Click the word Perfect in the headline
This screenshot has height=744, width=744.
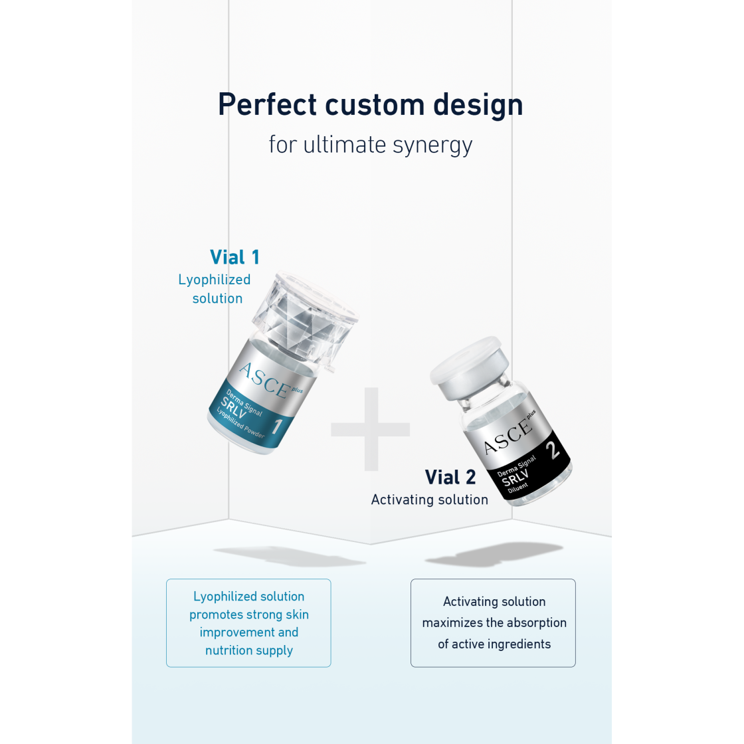click(x=267, y=104)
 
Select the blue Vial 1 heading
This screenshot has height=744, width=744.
click(x=234, y=257)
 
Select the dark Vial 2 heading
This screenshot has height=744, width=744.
click(x=450, y=478)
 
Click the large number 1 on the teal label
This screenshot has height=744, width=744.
click(x=277, y=426)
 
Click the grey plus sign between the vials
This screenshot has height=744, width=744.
click(x=371, y=429)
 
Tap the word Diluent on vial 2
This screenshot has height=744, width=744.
click(x=517, y=488)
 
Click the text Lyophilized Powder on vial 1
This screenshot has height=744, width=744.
click(x=240, y=422)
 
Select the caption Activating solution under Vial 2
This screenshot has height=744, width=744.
click(x=429, y=500)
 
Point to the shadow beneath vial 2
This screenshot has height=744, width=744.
click(x=494, y=554)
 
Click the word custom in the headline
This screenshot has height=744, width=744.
click(x=375, y=105)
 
